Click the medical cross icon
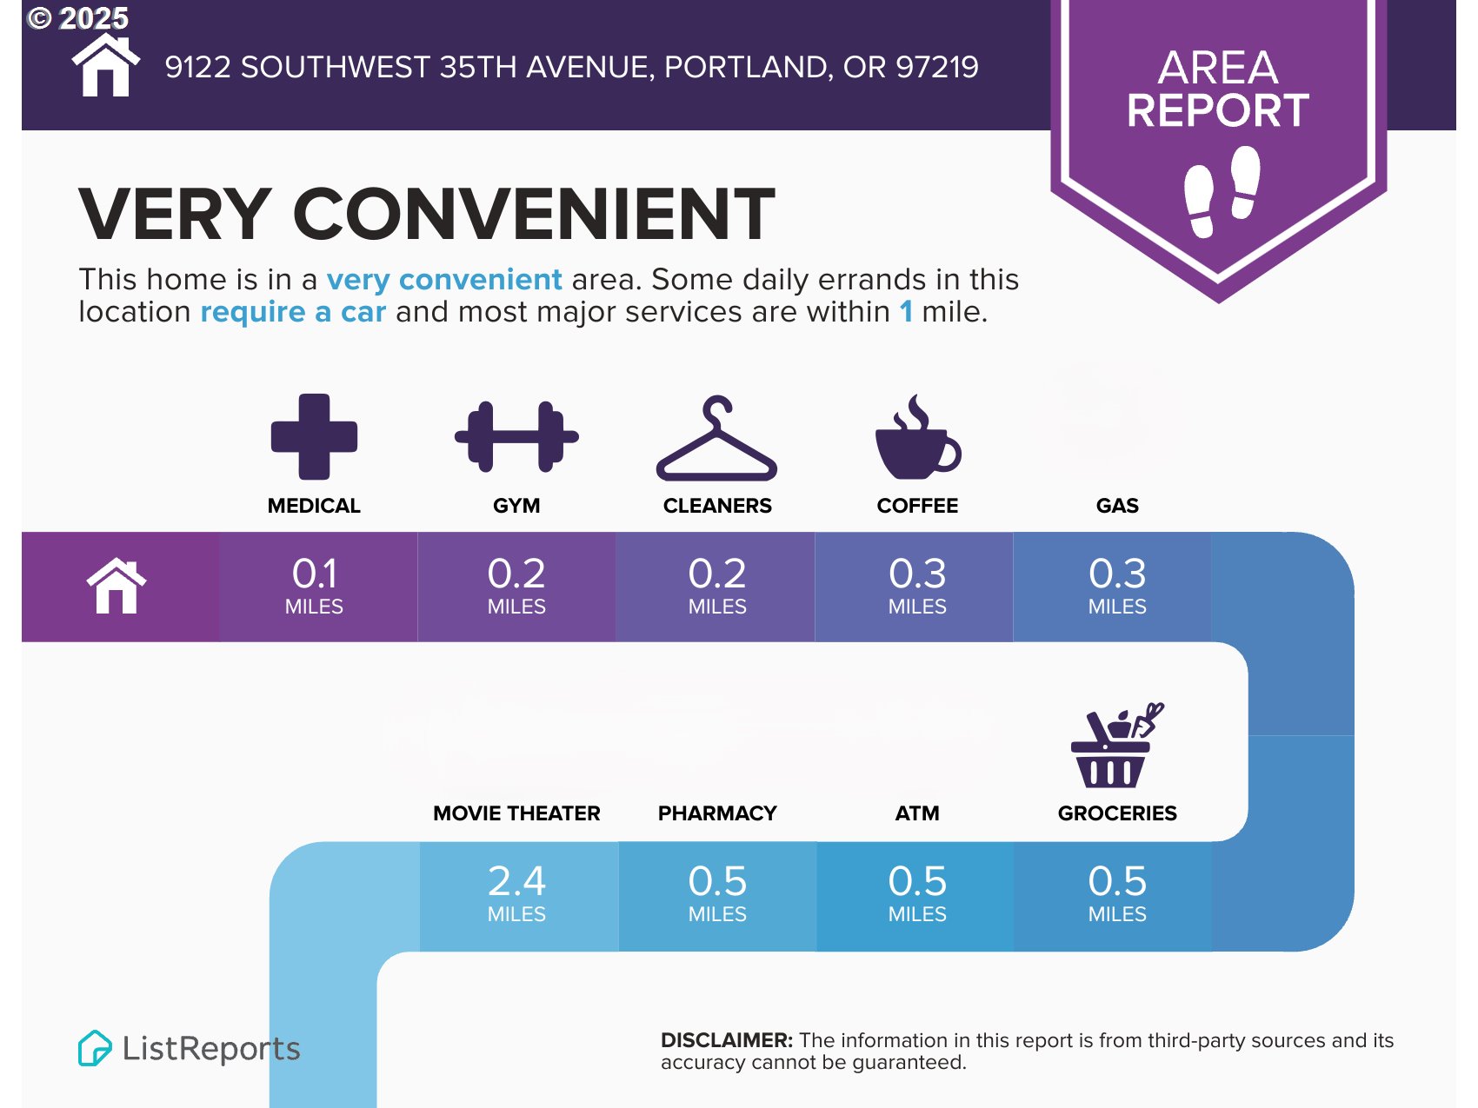(x=314, y=436)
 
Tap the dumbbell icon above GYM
(x=516, y=436)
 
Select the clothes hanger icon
(x=716, y=439)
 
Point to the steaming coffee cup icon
(x=917, y=436)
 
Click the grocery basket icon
(x=1117, y=745)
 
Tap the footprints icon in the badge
(x=1222, y=191)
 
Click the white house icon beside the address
(x=106, y=65)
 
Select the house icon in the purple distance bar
(x=117, y=587)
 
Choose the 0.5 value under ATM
(x=917, y=881)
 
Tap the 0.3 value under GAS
(x=1117, y=574)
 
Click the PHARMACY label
(x=717, y=813)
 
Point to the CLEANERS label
(x=717, y=506)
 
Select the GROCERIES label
(x=1117, y=813)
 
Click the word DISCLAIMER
(x=727, y=1040)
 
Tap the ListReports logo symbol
(x=95, y=1048)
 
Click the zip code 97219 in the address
(x=937, y=67)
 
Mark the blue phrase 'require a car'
(x=293, y=312)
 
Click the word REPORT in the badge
(x=1218, y=110)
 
